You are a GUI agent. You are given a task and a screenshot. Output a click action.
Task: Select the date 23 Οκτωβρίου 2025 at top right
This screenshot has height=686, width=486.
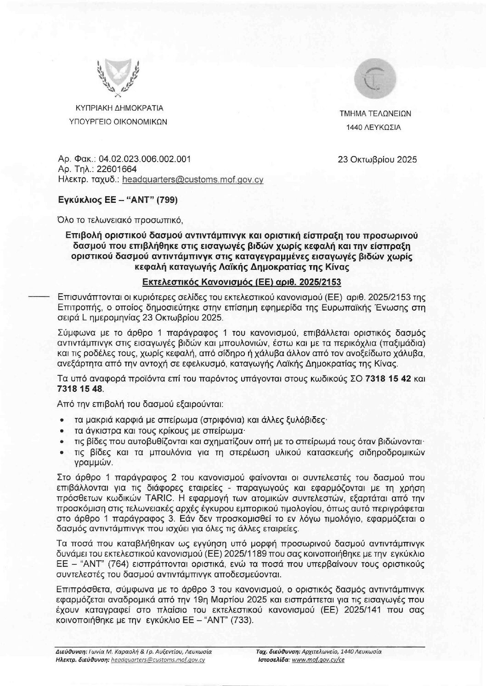(x=377, y=160)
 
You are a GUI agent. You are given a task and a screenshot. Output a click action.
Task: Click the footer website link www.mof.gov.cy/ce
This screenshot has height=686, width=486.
(x=318, y=660)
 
